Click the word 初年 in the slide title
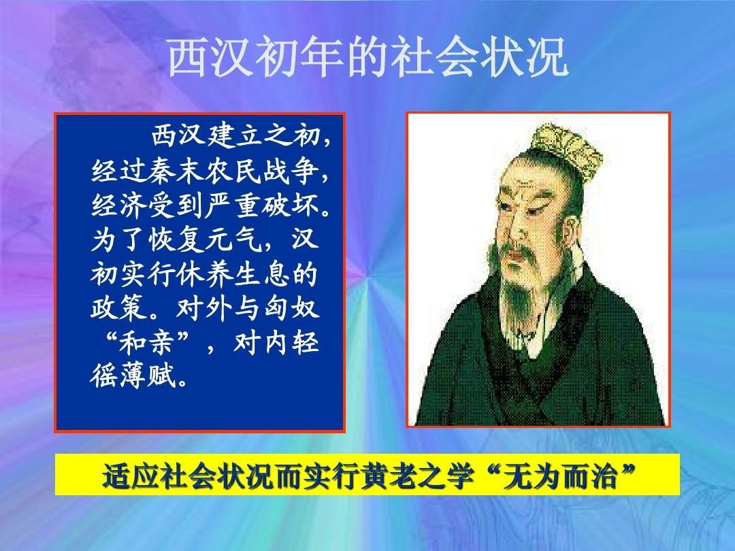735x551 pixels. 301,57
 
